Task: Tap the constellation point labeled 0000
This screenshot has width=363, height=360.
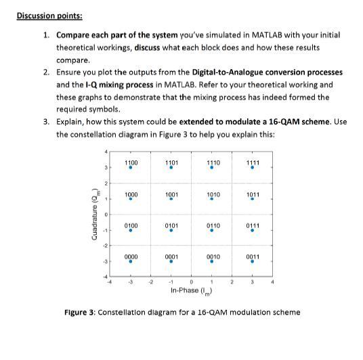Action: coord(131,261)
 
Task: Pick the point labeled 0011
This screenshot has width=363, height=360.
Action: coord(252,261)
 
